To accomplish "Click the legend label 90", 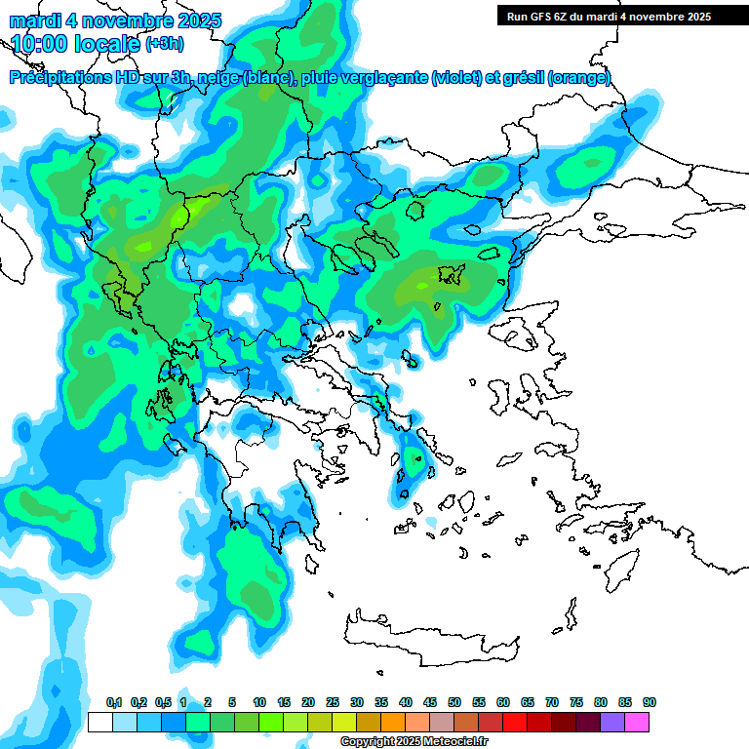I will click(650, 702).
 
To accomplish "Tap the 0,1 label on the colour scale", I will click(113, 702).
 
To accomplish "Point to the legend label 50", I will click(454, 702).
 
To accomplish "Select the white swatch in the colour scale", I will click(99, 722).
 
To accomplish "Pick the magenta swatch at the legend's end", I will click(637, 722).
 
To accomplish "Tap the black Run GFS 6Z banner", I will click(605, 16).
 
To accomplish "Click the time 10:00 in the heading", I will click(45, 44).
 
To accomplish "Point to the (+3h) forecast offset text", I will click(164, 44).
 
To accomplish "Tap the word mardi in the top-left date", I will click(32, 20).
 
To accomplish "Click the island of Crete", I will click(429, 633).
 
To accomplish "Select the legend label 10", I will click(259, 702).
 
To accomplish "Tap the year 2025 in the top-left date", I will click(197, 20).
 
